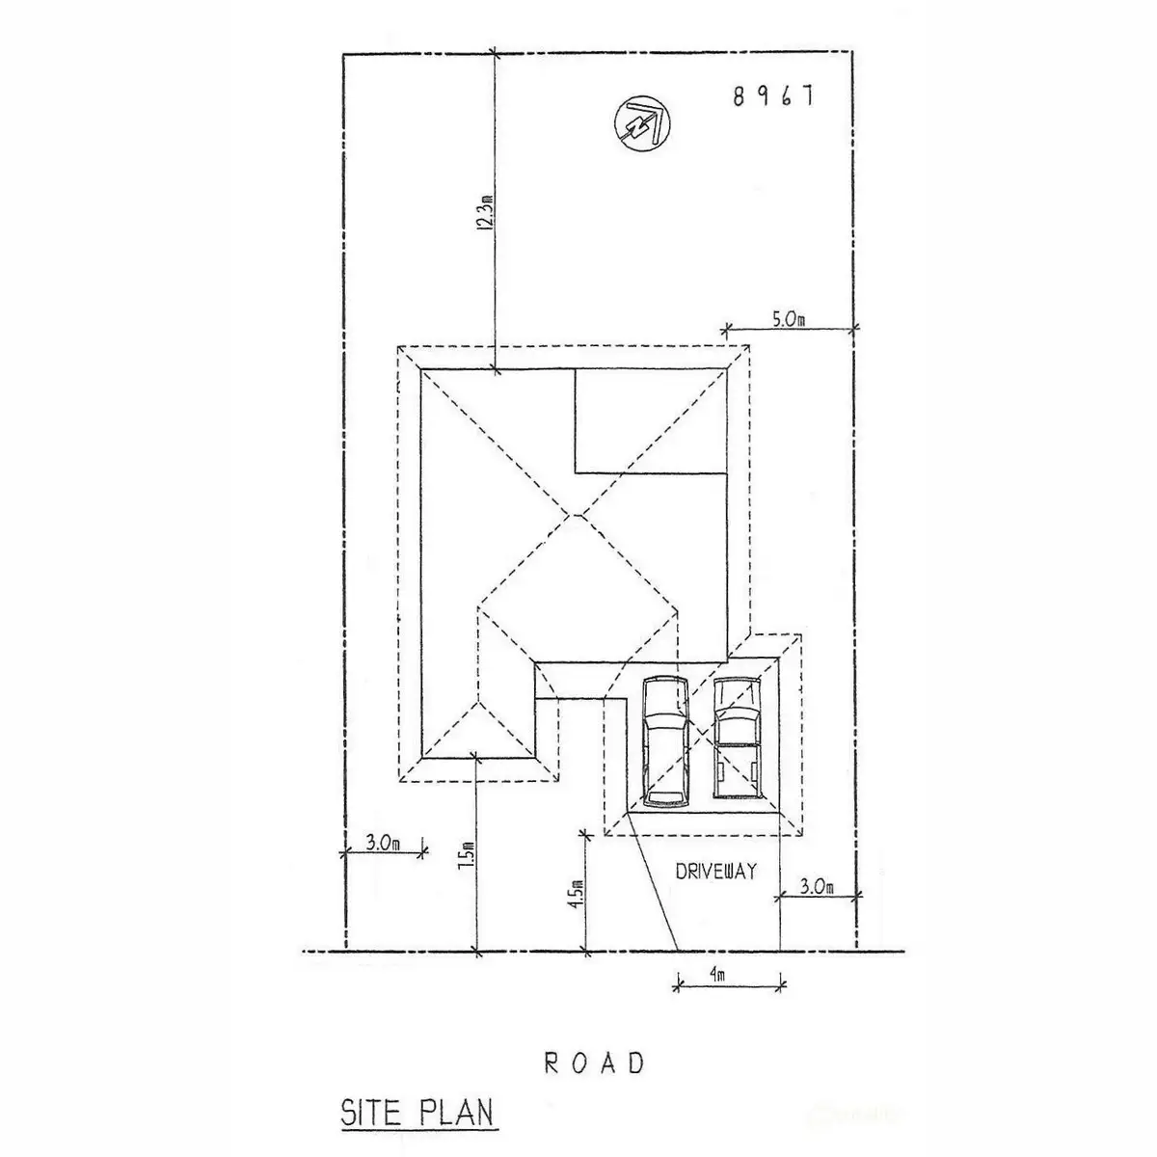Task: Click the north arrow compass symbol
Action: coord(642,124)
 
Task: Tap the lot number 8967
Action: coord(773,96)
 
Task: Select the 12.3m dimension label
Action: coord(487,212)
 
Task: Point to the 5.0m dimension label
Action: coord(789,319)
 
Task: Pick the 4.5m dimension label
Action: coord(578,895)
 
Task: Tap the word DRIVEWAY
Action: coord(716,872)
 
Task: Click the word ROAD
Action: coord(594,1063)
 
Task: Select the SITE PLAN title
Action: coord(417,1113)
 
